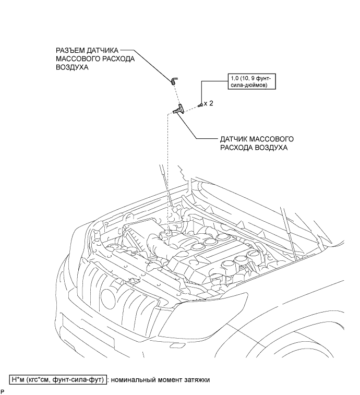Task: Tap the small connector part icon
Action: click(x=174, y=80)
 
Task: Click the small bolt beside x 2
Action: click(x=200, y=104)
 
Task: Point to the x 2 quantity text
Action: click(x=208, y=103)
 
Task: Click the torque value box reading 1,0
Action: click(x=251, y=81)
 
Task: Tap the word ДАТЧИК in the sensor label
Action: click(x=233, y=139)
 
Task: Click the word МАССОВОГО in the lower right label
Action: click(x=271, y=139)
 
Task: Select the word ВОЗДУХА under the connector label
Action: click(x=72, y=67)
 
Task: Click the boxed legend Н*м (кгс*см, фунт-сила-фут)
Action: click(x=58, y=379)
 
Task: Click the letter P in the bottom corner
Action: click(x=2, y=391)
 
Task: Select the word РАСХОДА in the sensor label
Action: click(x=236, y=148)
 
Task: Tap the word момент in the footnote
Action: click(x=168, y=380)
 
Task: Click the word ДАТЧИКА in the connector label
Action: click(x=102, y=51)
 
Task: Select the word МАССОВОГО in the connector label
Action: click(x=78, y=59)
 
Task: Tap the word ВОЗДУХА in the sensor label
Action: click(x=271, y=148)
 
